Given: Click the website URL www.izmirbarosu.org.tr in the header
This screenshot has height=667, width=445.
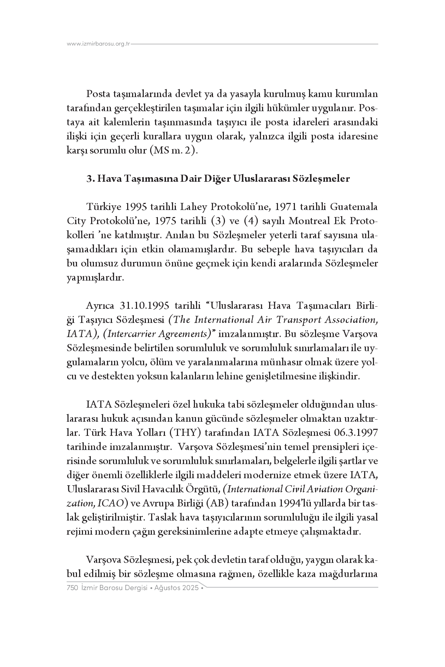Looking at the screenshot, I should pos(99,44).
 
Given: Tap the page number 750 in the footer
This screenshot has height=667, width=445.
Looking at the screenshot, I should pos(72,588).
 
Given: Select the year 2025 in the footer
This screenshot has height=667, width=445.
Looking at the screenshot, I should pos(191,588).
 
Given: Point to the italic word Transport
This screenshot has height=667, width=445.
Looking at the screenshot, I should pos(297,319).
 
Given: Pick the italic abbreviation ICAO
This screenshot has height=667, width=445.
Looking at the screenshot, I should pos(110,503).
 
